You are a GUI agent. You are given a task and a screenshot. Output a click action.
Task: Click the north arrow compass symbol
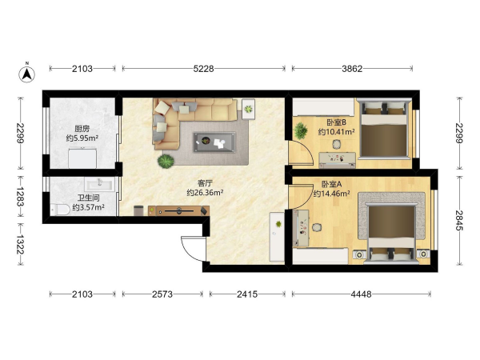pyautogui.click(x=27, y=74)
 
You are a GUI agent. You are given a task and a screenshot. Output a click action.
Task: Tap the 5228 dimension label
pyautogui.click(x=203, y=69)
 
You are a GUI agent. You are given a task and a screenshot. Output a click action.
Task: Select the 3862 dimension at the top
pyautogui.click(x=352, y=69)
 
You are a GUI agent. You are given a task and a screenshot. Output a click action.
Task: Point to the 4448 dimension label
pyautogui.click(x=362, y=294)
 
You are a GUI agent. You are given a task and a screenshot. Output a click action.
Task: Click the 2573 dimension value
pyautogui.click(x=162, y=294)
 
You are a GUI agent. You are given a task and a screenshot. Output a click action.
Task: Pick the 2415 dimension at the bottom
pyautogui.click(x=247, y=294)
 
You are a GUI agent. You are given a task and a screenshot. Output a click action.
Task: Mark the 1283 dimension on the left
pyautogui.click(x=21, y=197)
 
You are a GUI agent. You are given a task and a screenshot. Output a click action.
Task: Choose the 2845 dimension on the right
pyautogui.click(x=459, y=221)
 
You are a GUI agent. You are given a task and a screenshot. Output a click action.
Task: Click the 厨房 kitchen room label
pyautogui.click(x=82, y=129)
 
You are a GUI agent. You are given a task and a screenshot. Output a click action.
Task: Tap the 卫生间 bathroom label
pyautogui.click(x=88, y=198)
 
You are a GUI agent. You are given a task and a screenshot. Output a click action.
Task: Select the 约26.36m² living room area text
pyautogui.click(x=205, y=193)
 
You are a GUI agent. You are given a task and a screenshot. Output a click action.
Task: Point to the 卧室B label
pyautogui.click(x=337, y=122)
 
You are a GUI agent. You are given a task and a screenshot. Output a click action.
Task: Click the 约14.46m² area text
pyautogui.click(x=332, y=194)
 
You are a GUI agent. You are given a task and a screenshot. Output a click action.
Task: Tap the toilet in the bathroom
pyautogui.click(x=61, y=210)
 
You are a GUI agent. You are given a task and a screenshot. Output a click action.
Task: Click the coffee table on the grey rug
pyautogui.click(x=214, y=142)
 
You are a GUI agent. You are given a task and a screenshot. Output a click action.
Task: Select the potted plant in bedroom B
pyautogui.click(x=301, y=130)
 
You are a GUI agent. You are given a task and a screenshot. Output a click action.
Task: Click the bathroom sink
pyautogui.click(x=99, y=184)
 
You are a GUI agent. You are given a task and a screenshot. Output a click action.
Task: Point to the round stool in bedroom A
pyautogui.click(x=317, y=227)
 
